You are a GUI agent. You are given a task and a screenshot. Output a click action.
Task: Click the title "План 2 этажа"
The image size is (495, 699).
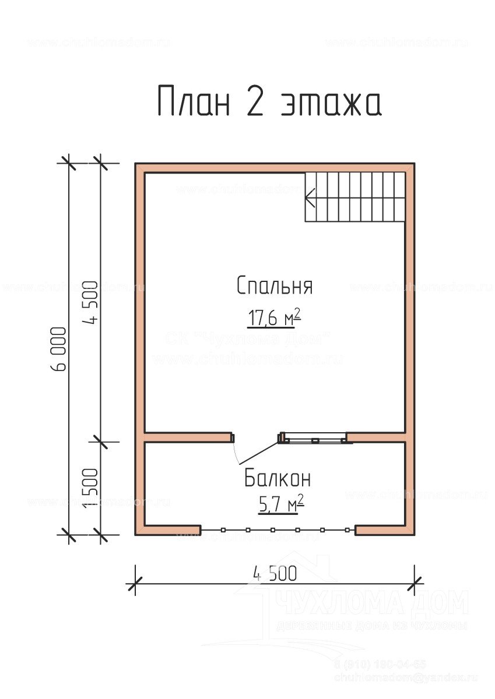pos(269,102)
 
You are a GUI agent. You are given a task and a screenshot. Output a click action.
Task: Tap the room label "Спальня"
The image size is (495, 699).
pos(275,286)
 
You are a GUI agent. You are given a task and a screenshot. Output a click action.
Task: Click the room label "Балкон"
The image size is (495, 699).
pos(277,479)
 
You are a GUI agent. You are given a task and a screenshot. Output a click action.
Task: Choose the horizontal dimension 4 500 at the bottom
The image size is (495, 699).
pos(275,573)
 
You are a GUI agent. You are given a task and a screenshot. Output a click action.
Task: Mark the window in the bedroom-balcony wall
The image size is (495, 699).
pos(315,439)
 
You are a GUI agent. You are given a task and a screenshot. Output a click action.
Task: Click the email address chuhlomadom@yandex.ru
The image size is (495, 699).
pos(405,677)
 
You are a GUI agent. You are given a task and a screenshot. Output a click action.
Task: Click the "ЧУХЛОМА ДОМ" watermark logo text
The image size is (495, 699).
pos(371,603)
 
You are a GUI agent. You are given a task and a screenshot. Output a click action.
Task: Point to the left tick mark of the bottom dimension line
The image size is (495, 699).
pos(135,581)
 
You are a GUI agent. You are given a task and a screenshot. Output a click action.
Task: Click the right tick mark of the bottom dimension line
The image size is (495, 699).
pos(415,581)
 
